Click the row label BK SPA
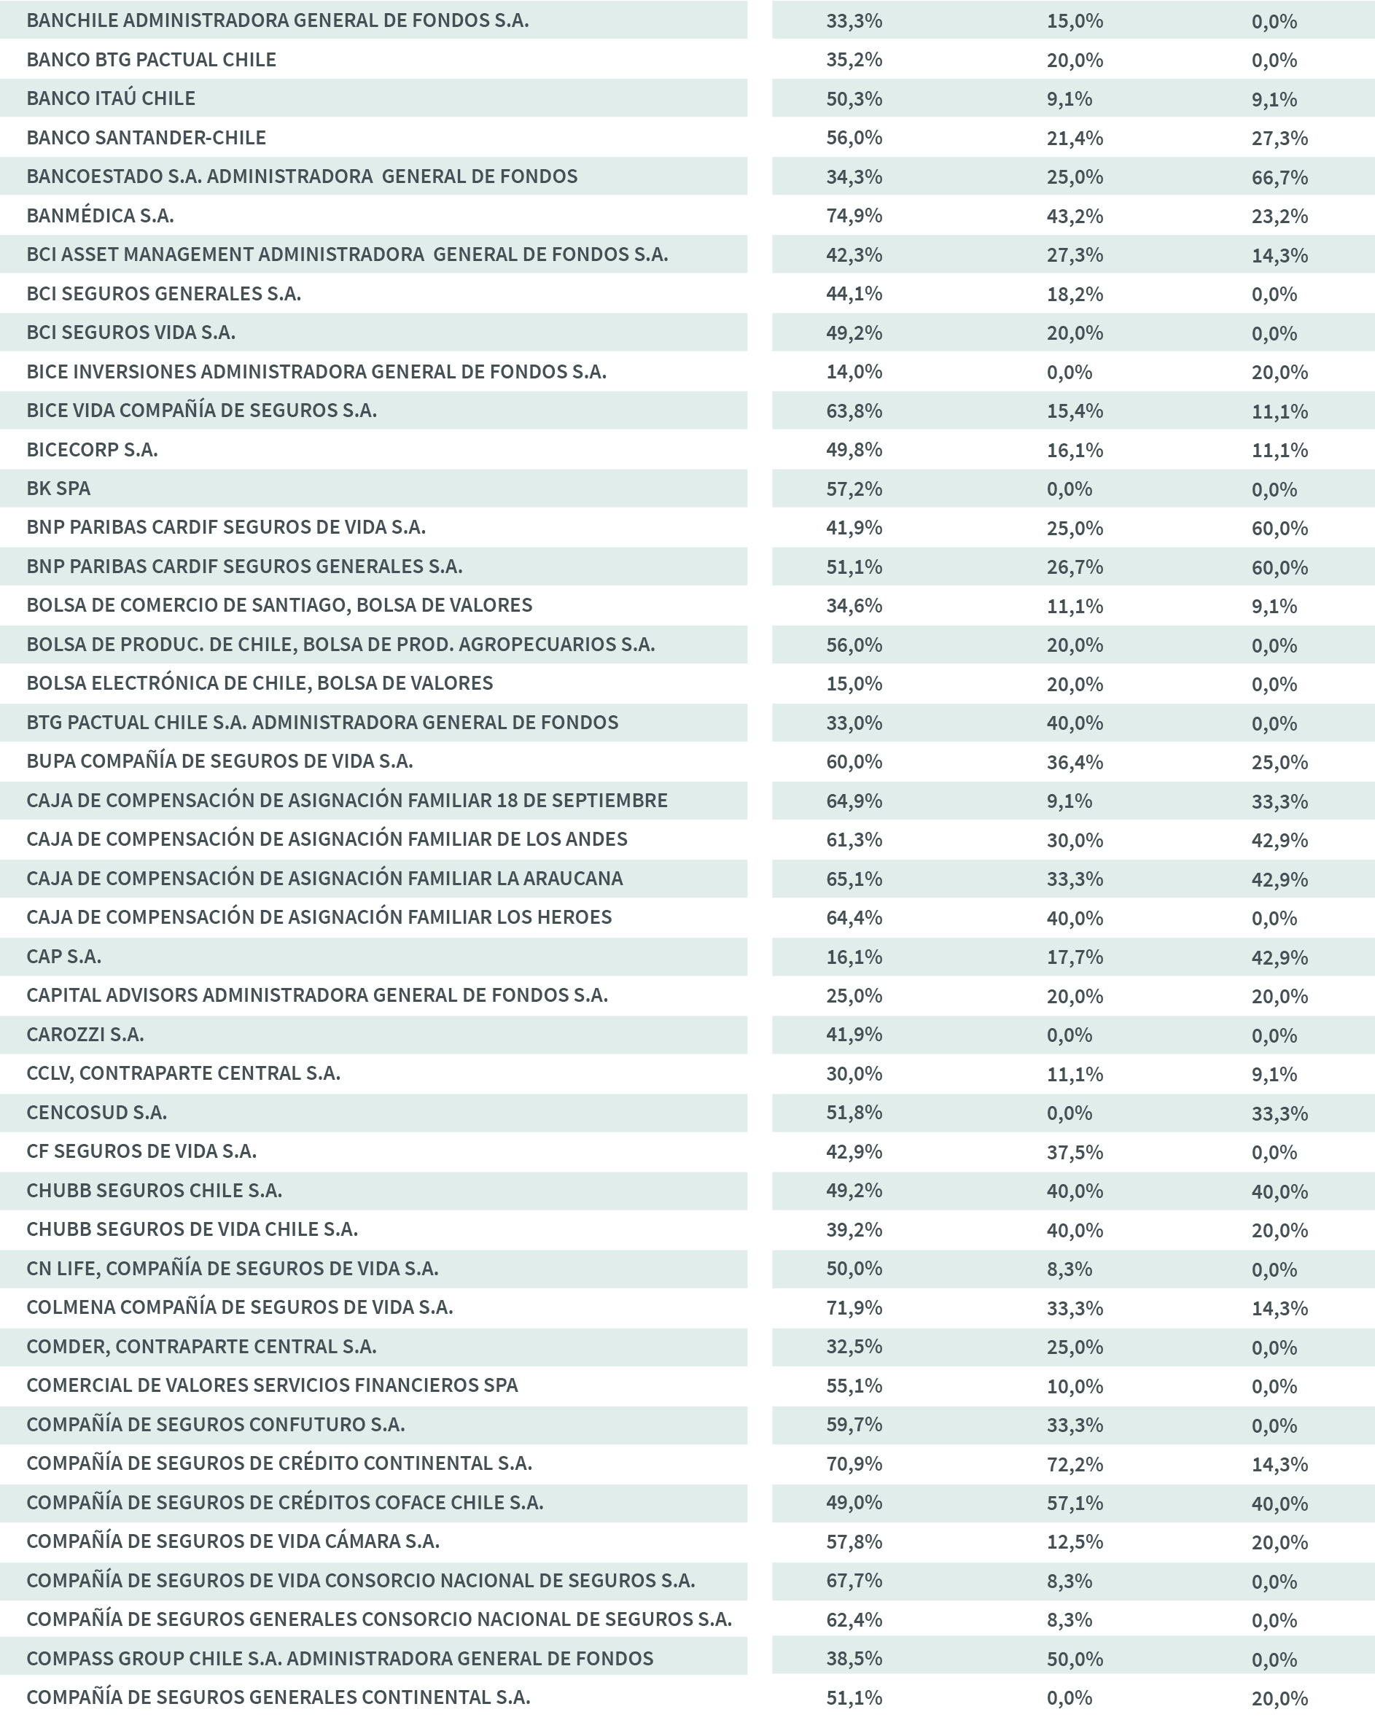click(x=58, y=489)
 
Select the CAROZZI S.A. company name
click(x=85, y=1034)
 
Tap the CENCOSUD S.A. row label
click(x=96, y=1112)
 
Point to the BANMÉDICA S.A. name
click(x=100, y=215)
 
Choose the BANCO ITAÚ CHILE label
click(x=111, y=98)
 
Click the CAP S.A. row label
click(x=64, y=956)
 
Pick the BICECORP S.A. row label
click(x=92, y=449)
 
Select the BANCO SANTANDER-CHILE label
click(x=146, y=137)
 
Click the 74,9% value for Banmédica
click(x=854, y=215)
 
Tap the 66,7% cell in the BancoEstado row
click(x=1279, y=177)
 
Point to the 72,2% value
click(x=1075, y=1464)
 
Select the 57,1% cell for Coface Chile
click(x=1075, y=1502)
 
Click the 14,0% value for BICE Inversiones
click(x=854, y=372)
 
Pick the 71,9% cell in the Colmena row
click(x=854, y=1307)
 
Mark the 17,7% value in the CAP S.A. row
click(x=1075, y=957)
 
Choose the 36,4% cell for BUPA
click(x=1075, y=762)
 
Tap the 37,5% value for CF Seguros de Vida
click(x=1075, y=1151)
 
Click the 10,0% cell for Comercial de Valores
click(x=1075, y=1386)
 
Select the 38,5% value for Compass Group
click(x=854, y=1659)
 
